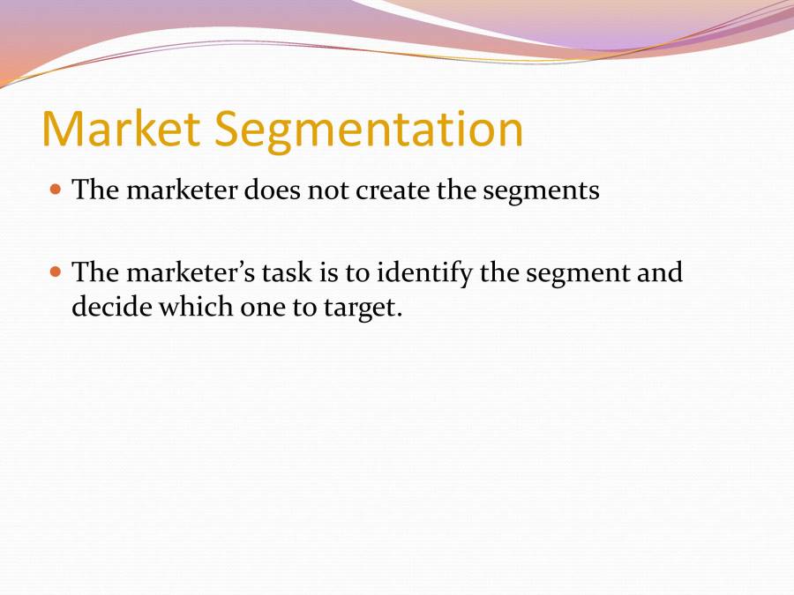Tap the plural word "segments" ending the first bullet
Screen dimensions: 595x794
point(541,191)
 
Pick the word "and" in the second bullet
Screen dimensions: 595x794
point(662,272)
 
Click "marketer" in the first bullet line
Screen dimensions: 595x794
point(182,190)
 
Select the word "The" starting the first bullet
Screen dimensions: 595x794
point(95,190)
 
